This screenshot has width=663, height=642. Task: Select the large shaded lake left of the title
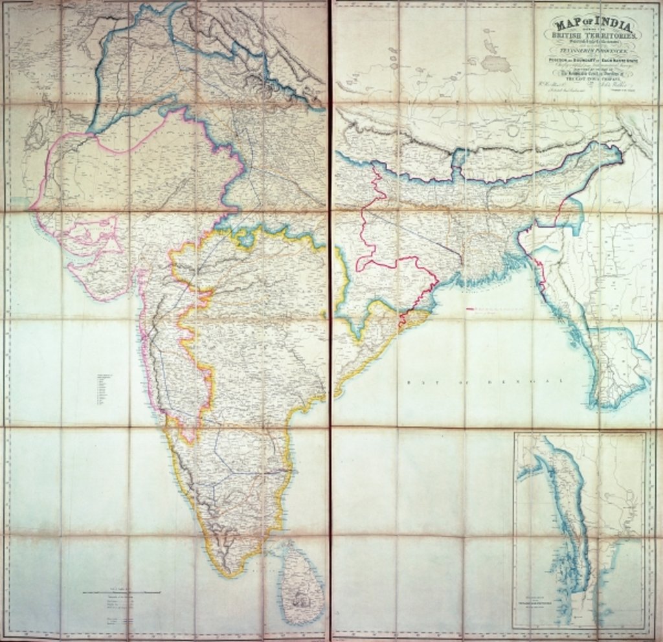(x=495, y=63)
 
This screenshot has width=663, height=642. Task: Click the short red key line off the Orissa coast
(x=471, y=309)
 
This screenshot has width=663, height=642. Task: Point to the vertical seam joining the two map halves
(x=330, y=324)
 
